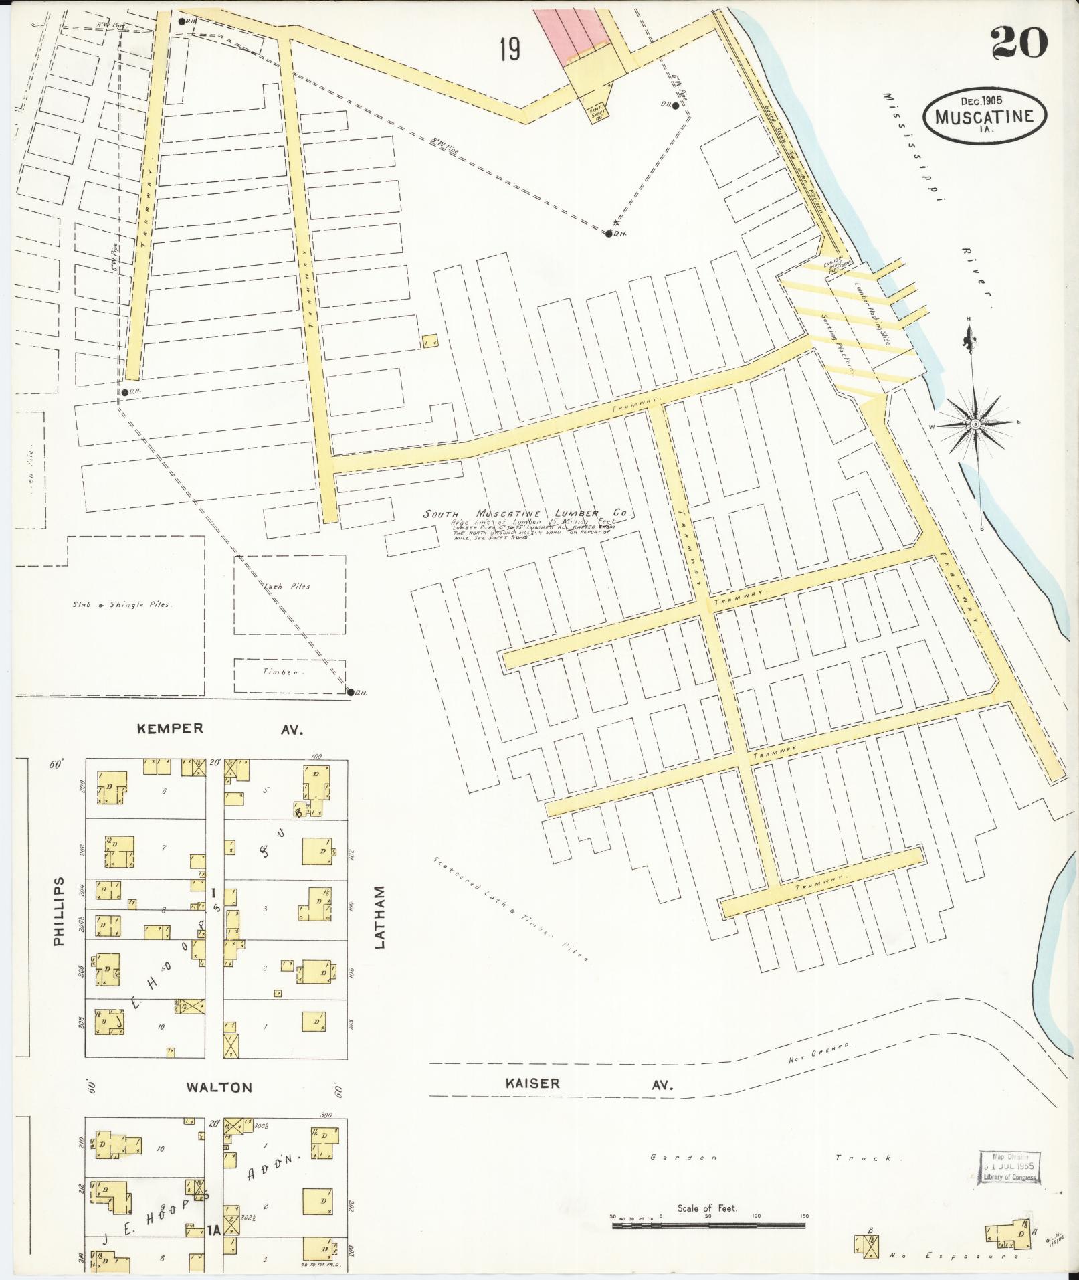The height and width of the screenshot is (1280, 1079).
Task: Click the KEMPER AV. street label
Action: click(x=220, y=729)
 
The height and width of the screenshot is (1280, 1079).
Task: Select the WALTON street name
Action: click(x=220, y=1087)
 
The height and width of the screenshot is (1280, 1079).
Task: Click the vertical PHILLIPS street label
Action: click(x=59, y=911)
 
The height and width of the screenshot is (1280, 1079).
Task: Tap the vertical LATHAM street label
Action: click(x=380, y=917)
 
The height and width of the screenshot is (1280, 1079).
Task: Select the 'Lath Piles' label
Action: click(x=290, y=587)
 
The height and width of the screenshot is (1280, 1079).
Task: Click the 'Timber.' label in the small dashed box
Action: click(x=280, y=672)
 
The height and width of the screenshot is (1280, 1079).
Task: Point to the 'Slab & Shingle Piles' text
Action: click(x=123, y=604)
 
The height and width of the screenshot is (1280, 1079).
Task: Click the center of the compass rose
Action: click(x=975, y=424)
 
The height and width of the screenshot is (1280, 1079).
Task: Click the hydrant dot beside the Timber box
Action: click(x=350, y=692)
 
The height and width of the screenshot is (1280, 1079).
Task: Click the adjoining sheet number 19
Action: click(x=510, y=50)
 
